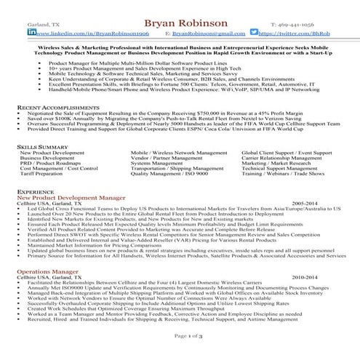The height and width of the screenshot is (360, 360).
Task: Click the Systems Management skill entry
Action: click(x=156, y=164)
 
